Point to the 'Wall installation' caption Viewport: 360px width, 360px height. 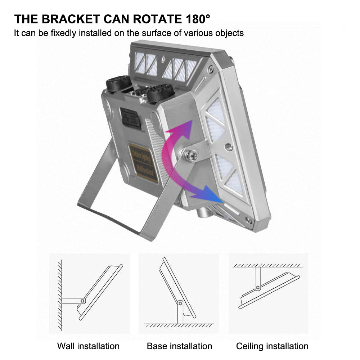(x=88, y=346)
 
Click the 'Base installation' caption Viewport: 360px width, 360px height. (x=179, y=346)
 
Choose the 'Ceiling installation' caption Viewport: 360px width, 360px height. (x=272, y=346)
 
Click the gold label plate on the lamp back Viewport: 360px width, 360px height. (x=143, y=163)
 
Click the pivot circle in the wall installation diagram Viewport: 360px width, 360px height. (x=83, y=300)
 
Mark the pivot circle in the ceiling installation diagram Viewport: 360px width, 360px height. (x=258, y=288)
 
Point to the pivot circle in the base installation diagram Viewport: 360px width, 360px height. (x=179, y=302)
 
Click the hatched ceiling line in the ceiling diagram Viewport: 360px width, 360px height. (x=267, y=265)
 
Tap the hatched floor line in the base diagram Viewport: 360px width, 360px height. (x=179, y=325)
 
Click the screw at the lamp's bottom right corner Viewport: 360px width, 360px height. (x=248, y=220)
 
